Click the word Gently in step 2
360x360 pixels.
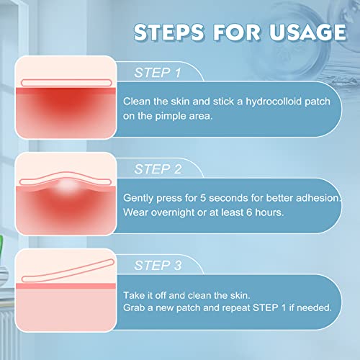140,198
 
